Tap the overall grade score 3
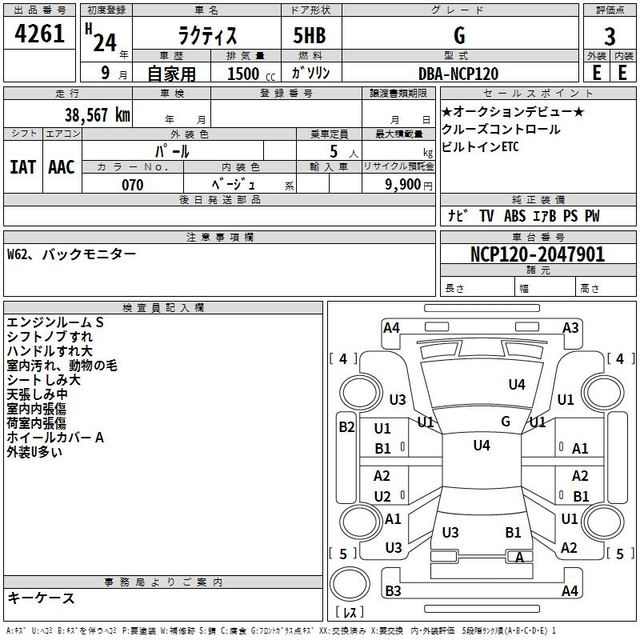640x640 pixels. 610,37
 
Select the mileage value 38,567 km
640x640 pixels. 98,114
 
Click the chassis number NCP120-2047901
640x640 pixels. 538,254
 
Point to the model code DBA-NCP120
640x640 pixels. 458,74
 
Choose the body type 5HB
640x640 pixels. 310,35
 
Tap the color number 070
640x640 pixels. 132,185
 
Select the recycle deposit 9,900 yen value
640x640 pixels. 402,185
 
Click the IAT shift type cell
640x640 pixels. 22,166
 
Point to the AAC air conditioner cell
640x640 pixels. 61,166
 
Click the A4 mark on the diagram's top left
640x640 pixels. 391,327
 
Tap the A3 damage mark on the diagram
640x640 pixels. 570,327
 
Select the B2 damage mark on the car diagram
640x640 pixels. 346,427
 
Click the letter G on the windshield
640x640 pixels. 506,421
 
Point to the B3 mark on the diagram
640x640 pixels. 393,591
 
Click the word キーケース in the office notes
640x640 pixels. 41,598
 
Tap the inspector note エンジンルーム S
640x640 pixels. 55,322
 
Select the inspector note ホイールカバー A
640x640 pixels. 55,438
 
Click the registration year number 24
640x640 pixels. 105,42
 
